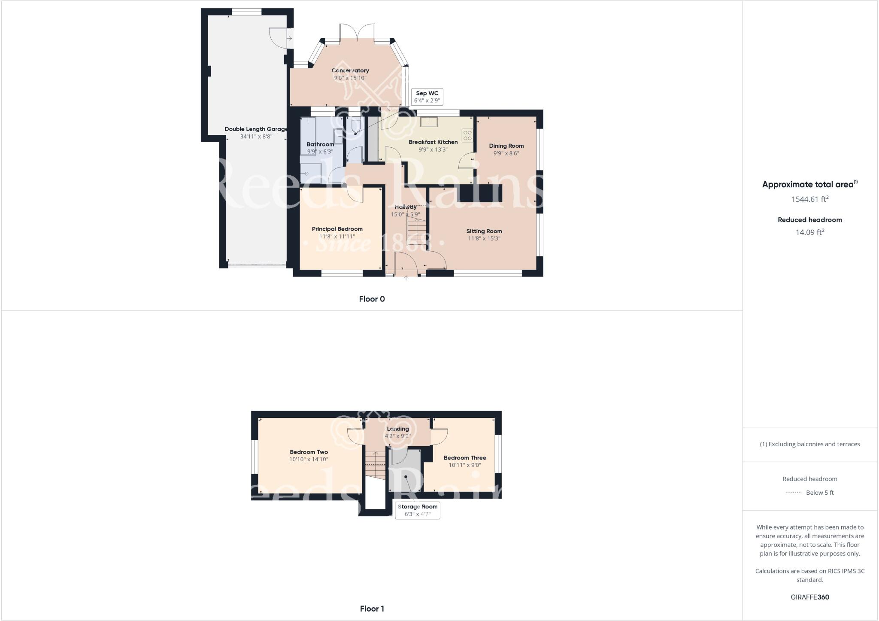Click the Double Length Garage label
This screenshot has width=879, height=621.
click(256, 129)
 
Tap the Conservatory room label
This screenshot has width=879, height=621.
click(350, 70)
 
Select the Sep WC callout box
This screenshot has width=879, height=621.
click(427, 97)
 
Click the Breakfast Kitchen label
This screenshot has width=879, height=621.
click(433, 142)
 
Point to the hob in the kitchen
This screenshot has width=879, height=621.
click(467, 136)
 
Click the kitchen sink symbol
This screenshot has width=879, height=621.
click(428, 122)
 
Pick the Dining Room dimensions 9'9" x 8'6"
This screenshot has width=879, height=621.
click(506, 153)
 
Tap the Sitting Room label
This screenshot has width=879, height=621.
click(484, 231)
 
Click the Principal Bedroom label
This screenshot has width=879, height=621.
click(337, 229)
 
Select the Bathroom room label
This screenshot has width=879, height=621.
click(320, 144)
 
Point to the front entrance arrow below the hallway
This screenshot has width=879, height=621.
click(406, 278)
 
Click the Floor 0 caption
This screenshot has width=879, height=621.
click(372, 299)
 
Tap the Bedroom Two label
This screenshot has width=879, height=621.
click(309, 452)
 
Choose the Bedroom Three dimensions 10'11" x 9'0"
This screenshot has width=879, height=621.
click(465, 465)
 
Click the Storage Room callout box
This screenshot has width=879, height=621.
click(418, 510)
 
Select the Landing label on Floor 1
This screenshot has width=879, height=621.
click(398, 429)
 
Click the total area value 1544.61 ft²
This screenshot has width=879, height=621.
click(810, 199)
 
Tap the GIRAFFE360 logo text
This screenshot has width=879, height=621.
click(810, 597)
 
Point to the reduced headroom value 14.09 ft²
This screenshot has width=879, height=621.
click(810, 232)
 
